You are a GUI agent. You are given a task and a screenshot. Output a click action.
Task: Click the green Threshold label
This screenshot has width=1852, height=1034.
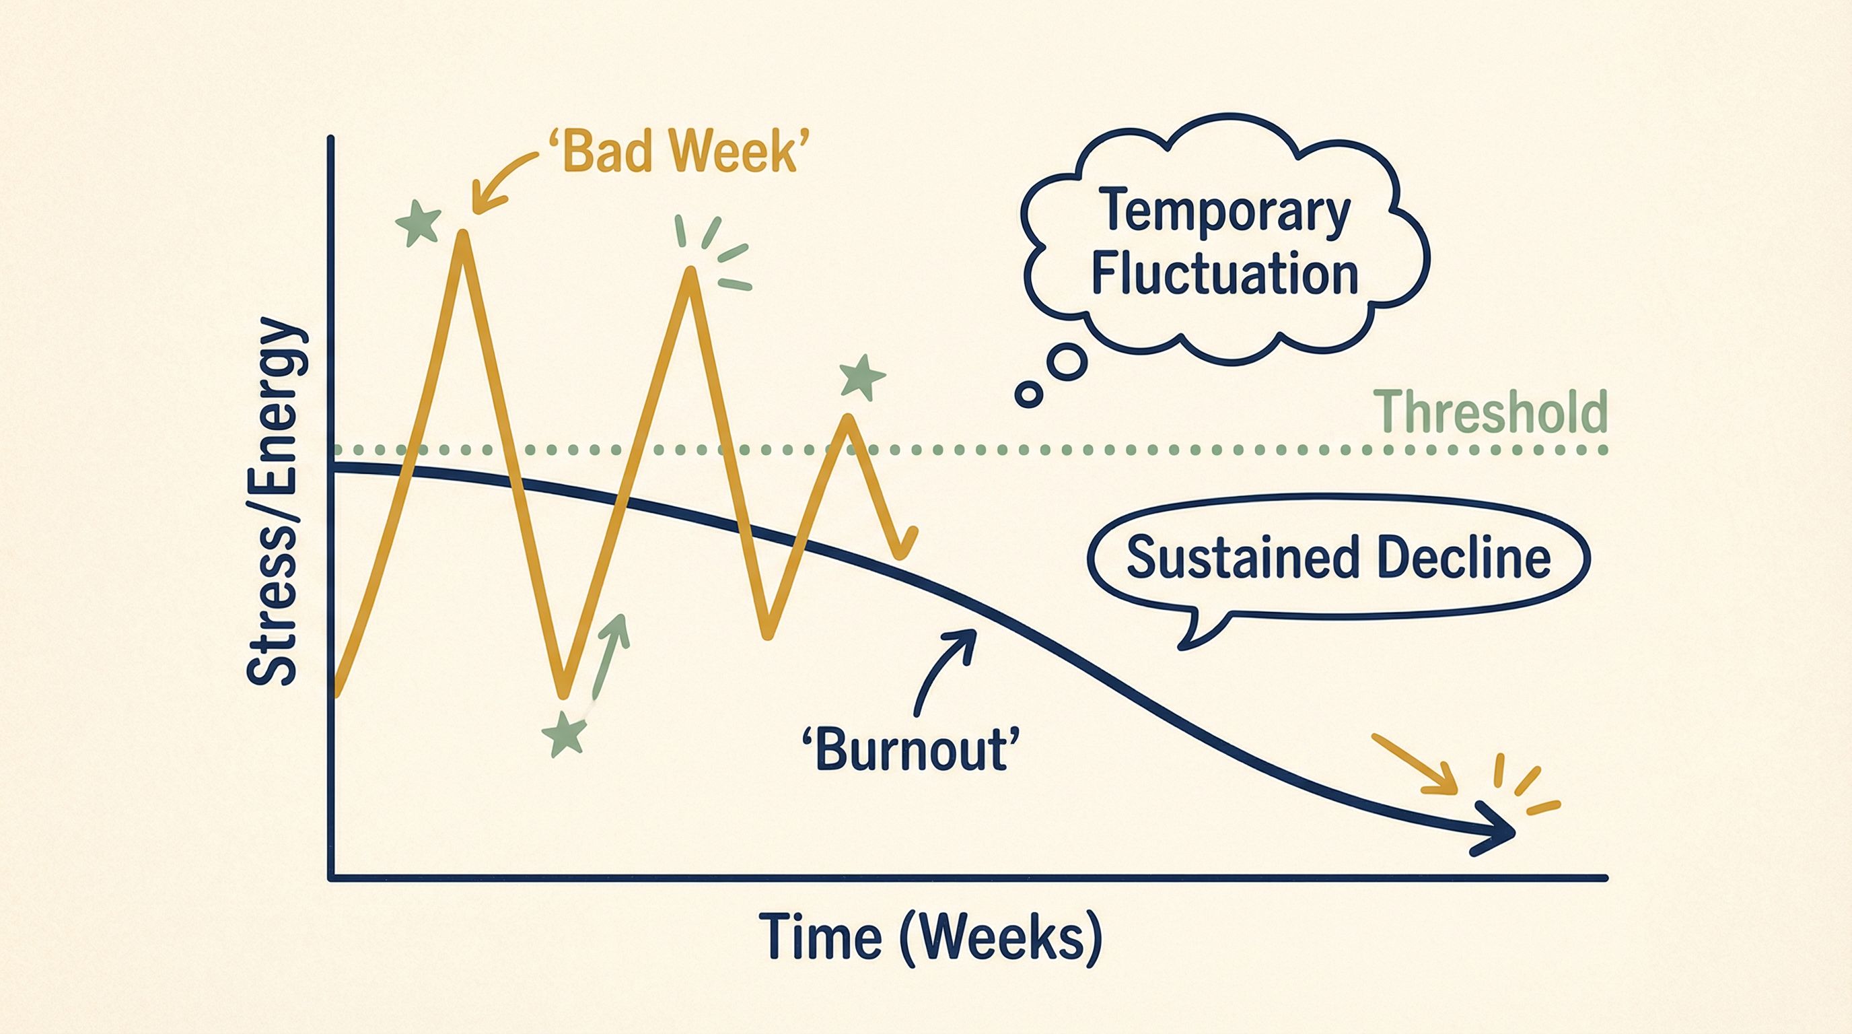point(1490,412)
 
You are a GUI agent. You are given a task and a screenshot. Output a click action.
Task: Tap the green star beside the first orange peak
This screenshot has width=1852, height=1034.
point(419,223)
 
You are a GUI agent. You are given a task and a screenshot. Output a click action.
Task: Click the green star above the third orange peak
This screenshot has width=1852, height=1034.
point(862,377)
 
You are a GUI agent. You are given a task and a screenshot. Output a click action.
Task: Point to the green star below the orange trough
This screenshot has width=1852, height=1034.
point(565,734)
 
